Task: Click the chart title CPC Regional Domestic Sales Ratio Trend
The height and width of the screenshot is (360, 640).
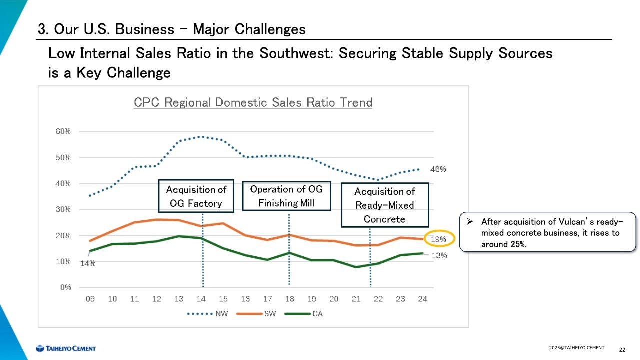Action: [253, 103]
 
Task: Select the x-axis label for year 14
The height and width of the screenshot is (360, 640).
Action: [201, 299]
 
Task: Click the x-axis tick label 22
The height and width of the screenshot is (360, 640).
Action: [378, 299]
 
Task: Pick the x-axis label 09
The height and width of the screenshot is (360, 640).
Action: [90, 299]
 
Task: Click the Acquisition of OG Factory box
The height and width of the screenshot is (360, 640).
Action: [196, 196]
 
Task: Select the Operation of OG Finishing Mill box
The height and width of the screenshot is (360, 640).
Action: [286, 196]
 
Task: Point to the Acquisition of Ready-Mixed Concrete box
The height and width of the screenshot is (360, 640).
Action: [384, 205]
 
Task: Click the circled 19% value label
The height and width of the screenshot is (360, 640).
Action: [438, 239]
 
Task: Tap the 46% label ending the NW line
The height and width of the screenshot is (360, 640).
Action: [438, 170]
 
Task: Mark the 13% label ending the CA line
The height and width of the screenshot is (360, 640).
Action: [439, 255]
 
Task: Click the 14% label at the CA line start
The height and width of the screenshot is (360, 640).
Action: [88, 264]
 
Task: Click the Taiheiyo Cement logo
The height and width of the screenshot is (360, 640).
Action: [65, 348]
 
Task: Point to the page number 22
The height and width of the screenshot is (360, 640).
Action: [622, 349]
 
